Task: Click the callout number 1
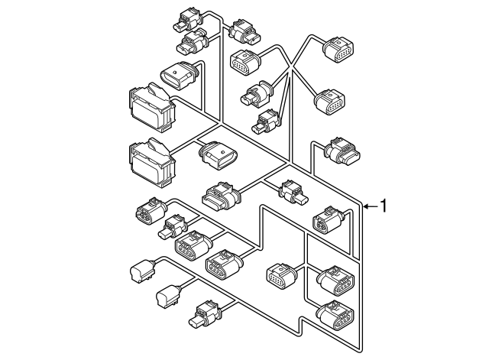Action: click(386, 206)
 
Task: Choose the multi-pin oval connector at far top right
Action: click(338, 49)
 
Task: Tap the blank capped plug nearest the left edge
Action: click(141, 271)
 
